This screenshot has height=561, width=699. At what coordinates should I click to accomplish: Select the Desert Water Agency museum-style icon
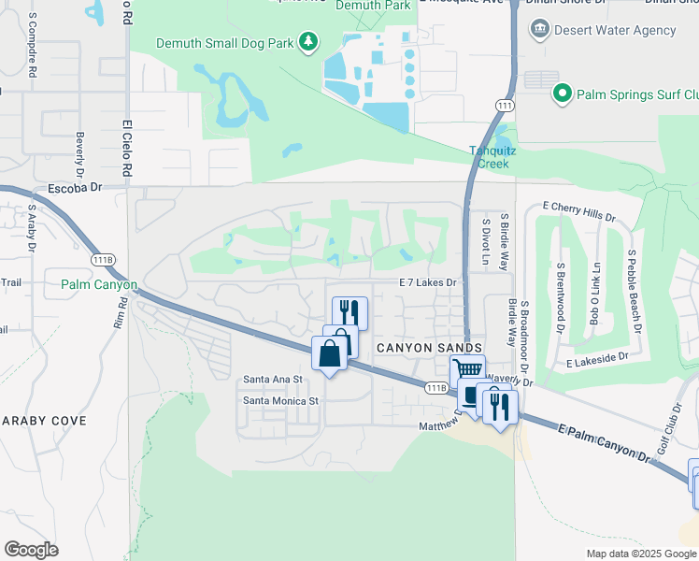pos(539,30)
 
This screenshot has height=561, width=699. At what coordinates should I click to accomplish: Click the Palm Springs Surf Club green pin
pos(562,93)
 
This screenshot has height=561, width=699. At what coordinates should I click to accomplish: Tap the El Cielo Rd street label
pos(125,148)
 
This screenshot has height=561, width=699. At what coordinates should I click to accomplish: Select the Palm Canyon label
pos(99,284)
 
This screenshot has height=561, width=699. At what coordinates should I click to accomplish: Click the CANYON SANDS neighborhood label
pos(414,347)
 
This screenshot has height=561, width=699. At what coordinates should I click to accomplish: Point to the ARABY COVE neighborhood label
pos(44,421)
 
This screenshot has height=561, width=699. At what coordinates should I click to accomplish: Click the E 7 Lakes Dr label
pos(427,282)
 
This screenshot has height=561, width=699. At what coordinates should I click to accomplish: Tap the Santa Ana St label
pos(273,380)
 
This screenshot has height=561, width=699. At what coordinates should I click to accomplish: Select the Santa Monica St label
pos(281,400)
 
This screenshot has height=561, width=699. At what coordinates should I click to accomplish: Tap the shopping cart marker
pos(467,370)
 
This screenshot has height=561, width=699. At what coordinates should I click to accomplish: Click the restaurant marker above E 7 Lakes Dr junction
pos(350,310)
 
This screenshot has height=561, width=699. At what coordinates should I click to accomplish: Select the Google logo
pos(31,549)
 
